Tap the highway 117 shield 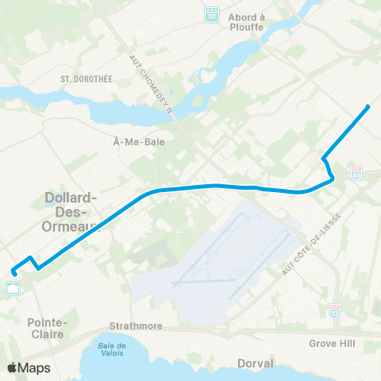211,14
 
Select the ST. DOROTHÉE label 83,79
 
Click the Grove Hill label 334,344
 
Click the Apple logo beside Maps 13,368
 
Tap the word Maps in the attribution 35,368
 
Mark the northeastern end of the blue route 368,106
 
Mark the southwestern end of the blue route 14,275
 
